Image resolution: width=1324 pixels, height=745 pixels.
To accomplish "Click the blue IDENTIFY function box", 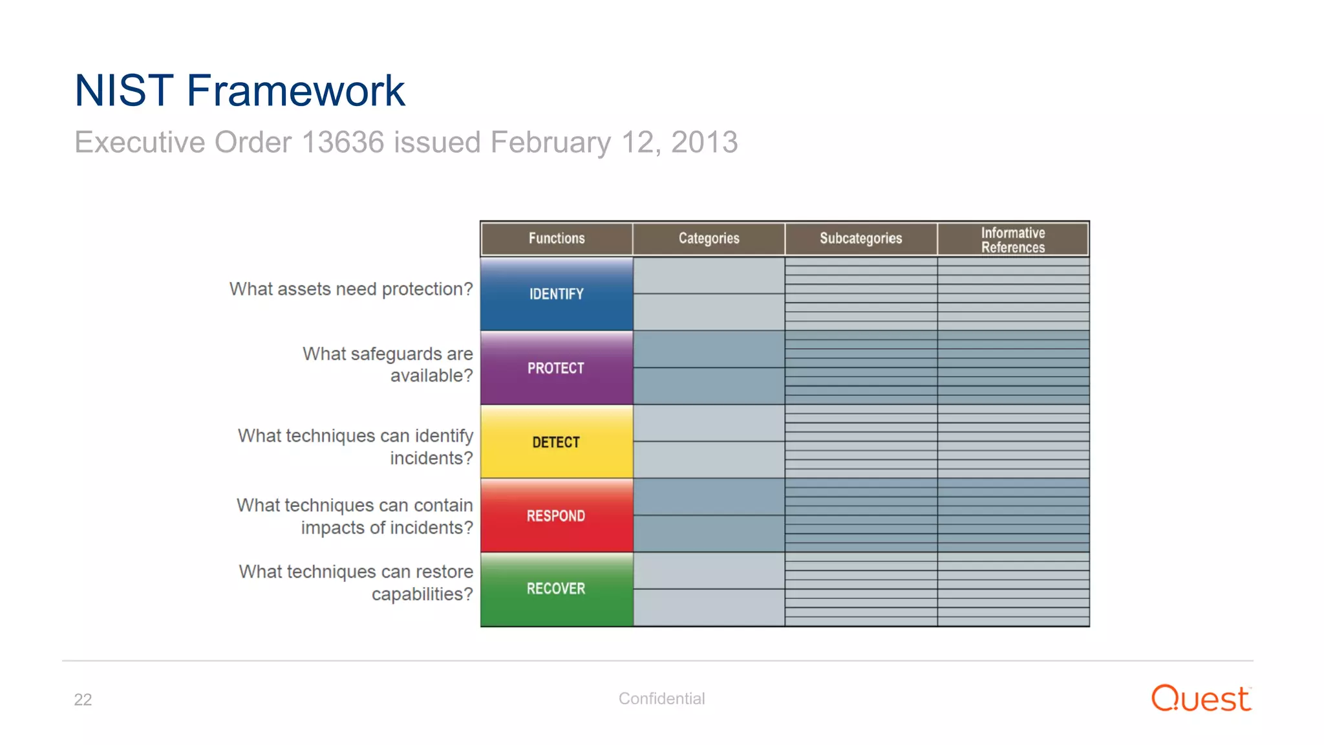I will pos(556,294).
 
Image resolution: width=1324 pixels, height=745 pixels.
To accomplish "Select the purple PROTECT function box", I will pos(556,368).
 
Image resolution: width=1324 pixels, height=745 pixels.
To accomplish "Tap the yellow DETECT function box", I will pos(556,442).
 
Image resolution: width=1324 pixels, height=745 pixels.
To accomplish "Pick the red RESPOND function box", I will pos(556,515).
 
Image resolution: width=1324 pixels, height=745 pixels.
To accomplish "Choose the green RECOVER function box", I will pos(556,588).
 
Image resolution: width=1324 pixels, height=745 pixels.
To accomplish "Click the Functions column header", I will pos(556,238).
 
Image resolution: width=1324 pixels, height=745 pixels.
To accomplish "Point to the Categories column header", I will pos(709,238).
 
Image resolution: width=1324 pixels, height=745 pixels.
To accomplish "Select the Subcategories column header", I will pos(860,238).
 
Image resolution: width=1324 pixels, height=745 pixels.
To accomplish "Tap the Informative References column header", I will pos(1013,239).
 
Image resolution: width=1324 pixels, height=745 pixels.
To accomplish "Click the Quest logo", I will pos(1201,698).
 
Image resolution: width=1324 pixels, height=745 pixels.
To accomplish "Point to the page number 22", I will pos(83,699).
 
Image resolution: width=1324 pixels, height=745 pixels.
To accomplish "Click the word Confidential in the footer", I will pos(661,698).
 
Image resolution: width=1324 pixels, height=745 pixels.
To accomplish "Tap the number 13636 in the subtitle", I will pos(343,142).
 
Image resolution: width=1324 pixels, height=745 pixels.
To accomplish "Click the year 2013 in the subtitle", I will pos(704,142).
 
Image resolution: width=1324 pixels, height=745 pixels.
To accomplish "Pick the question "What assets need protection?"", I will pos(351,289).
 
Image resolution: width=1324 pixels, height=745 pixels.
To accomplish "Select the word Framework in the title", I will pos(295,91).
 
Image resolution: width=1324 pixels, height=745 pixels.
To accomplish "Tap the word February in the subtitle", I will pos(550,142).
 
